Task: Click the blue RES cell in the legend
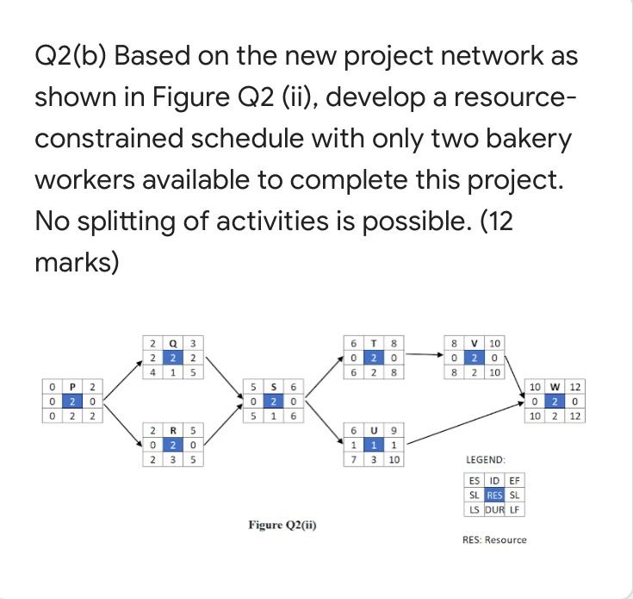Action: pyautogui.click(x=494, y=495)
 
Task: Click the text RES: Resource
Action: pyautogui.click(x=494, y=540)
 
